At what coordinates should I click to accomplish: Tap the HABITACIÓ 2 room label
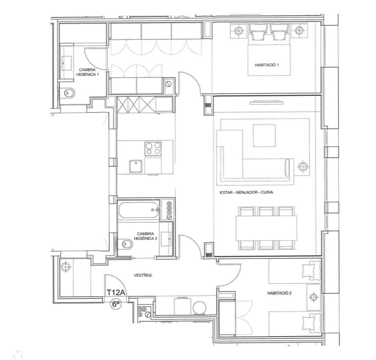click(x=279, y=293)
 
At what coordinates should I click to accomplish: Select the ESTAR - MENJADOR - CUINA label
click(x=247, y=193)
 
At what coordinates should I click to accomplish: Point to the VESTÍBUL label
click(x=143, y=275)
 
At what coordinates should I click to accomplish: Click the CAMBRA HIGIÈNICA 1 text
click(x=89, y=72)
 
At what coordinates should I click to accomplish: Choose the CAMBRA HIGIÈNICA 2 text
click(x=146, y=236)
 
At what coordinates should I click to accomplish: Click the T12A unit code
click(x=115, y=293)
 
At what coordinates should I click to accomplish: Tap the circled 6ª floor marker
click(x=115, y=304)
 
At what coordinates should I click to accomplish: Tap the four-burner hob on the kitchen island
click(x=153, y=149)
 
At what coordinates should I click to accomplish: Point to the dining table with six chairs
click(x=267, y=228)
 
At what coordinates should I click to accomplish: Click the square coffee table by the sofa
click(x=264, y=136)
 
